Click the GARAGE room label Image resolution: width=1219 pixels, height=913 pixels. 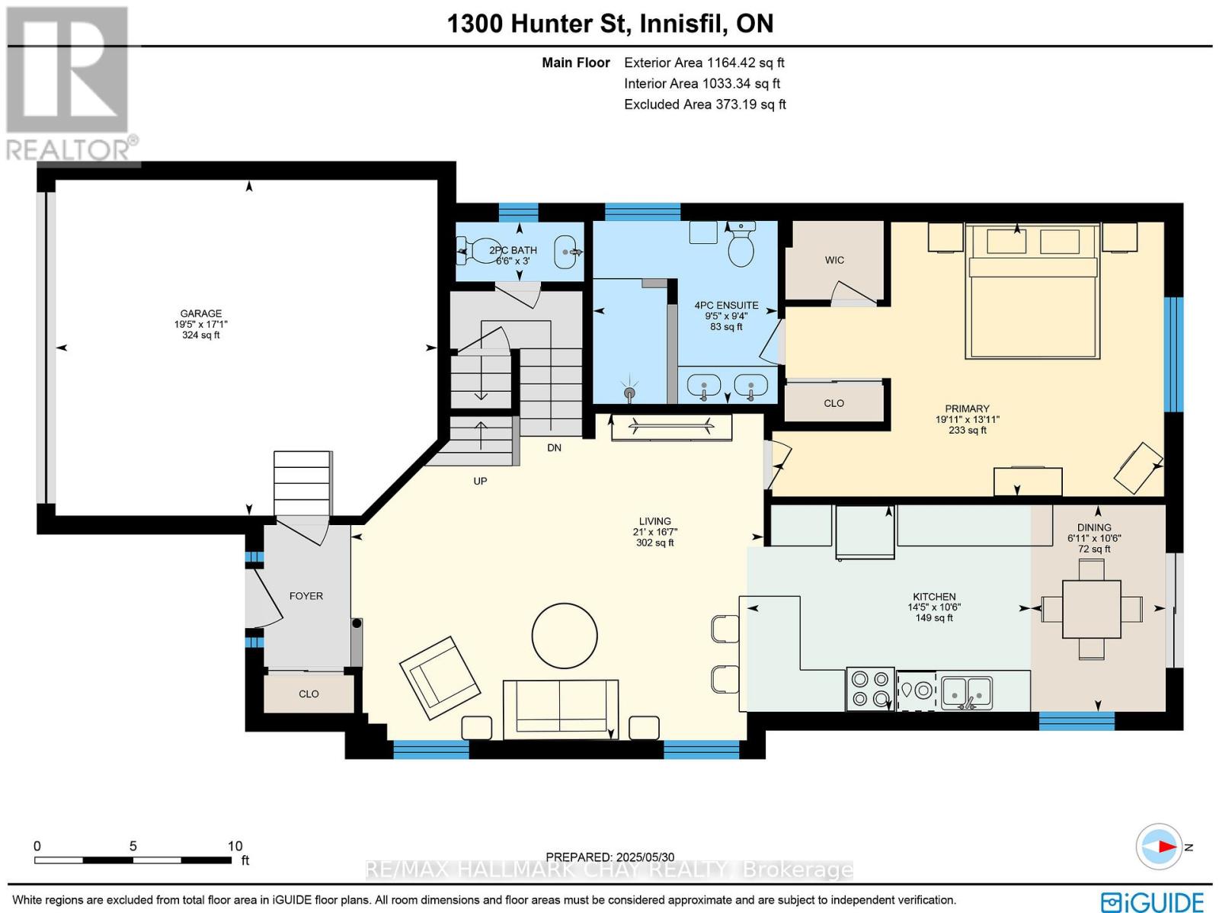pos(200,313)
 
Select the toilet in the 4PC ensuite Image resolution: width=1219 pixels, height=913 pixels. pos(741,245)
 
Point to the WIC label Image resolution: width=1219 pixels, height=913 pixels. pos(834,260)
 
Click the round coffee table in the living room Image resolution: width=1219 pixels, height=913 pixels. pos(565,636)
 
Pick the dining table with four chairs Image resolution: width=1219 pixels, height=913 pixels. pos(1091,609)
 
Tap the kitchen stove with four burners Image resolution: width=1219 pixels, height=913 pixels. pos(871,689)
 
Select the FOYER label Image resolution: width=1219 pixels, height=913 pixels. pos(306,596)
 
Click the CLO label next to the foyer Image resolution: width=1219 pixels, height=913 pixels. pos(309,694)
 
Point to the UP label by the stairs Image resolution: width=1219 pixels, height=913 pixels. pos(480,481)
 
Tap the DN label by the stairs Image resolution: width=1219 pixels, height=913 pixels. pos(554,447)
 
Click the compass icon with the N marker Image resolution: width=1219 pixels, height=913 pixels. pos(1159,847)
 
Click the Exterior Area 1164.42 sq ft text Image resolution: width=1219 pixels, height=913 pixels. pos(703,62)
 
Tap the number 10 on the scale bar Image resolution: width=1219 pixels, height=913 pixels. pos(235,846)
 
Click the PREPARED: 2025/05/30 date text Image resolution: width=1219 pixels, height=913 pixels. pos(609,857)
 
